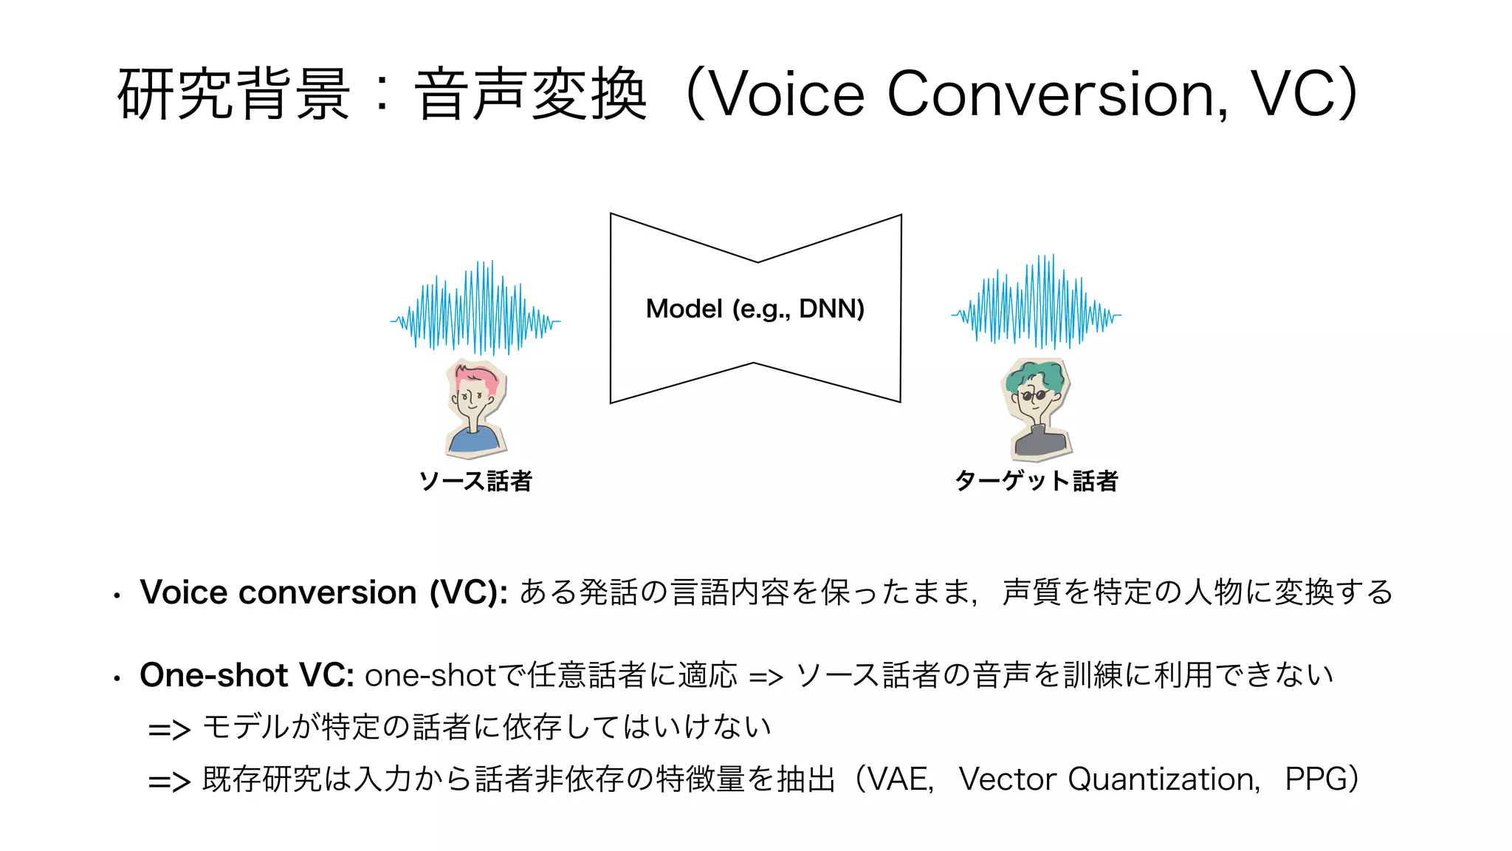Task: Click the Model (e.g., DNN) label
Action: coord(755,309)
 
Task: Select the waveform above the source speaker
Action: coord(475,308)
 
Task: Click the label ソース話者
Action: coord(475,482)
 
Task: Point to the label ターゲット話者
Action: coord(1037,482)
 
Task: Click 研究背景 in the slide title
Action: coord(233,95)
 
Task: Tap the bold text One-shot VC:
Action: coord(247,675)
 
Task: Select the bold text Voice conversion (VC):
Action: coord(323,592)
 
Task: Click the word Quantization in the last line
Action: coord(1163,779)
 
